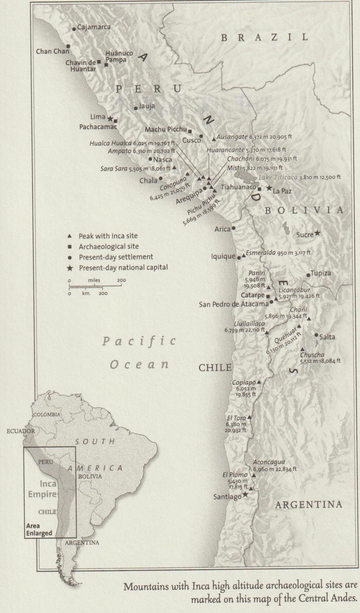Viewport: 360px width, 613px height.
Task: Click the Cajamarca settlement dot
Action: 74,29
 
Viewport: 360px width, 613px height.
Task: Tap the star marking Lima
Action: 110,119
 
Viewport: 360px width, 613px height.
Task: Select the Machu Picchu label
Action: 166,130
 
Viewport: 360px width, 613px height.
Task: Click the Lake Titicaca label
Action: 278,177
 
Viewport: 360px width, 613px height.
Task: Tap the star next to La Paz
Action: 269,188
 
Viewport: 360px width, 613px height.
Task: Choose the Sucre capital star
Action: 317,233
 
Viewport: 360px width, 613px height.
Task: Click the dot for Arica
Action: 233,228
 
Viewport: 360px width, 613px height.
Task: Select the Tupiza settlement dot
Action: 308,275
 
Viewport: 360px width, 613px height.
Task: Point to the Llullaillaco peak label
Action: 249,323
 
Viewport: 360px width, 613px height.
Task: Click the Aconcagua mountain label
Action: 269,462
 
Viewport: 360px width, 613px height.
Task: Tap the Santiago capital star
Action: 245,494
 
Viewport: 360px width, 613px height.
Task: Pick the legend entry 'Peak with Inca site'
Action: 108,236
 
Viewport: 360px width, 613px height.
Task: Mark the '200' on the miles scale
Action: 121,280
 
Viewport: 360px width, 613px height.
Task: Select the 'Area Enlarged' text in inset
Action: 39,529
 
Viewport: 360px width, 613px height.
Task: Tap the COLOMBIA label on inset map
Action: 47,414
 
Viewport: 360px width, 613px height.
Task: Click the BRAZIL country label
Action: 265,37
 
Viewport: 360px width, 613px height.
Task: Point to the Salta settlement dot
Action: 316,335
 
